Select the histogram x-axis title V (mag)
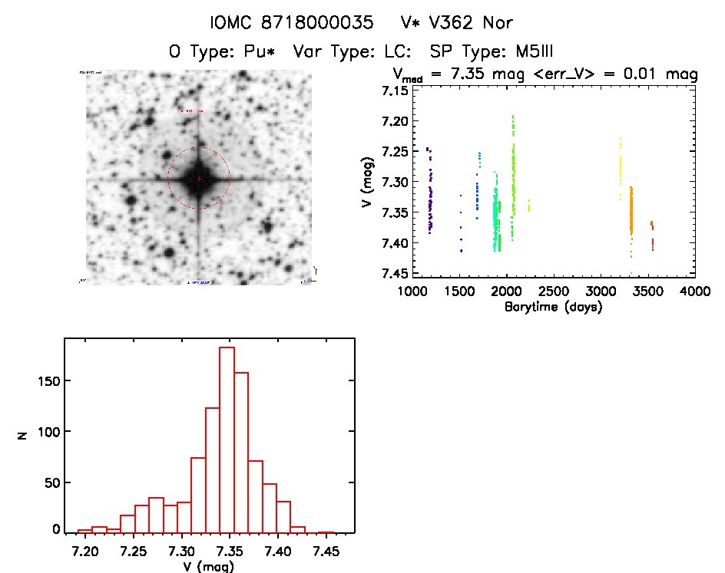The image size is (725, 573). (x=207, y=567)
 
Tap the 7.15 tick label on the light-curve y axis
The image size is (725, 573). (x=394, y=91)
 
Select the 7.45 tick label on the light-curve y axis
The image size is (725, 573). (x=394, y=274)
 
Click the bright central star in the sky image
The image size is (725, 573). (x=198, y=178)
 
